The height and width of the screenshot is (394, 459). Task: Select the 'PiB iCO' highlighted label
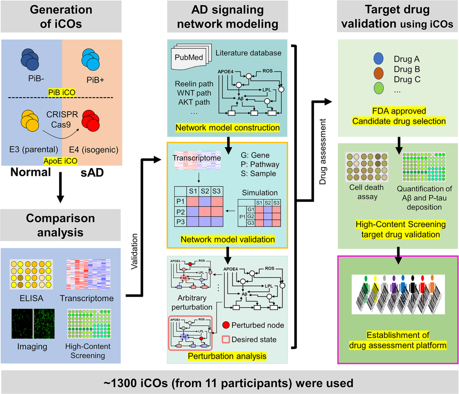pos(62,92)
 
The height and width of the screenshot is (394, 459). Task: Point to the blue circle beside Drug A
pos(378,59)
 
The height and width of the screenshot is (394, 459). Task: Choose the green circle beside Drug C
pos(378,87)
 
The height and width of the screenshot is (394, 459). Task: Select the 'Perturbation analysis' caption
pos(227,356)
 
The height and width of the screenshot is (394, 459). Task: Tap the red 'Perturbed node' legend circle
pos(226,325)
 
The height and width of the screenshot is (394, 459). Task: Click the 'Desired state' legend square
pos(226,339)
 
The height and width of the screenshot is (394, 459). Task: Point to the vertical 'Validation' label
pos(134,253)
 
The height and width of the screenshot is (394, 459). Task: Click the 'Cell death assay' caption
pos(363,192)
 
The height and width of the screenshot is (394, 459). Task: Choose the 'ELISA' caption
pos(31,298)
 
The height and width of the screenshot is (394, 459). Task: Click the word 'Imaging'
pos(32,347)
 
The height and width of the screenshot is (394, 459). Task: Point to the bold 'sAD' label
pos(93,172)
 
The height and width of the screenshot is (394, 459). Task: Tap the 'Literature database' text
pos(248,53)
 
